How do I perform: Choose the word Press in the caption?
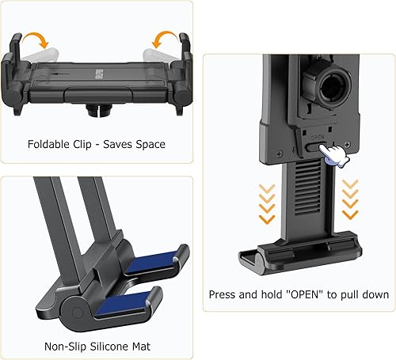pyautogui.click(x=224, y=294)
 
